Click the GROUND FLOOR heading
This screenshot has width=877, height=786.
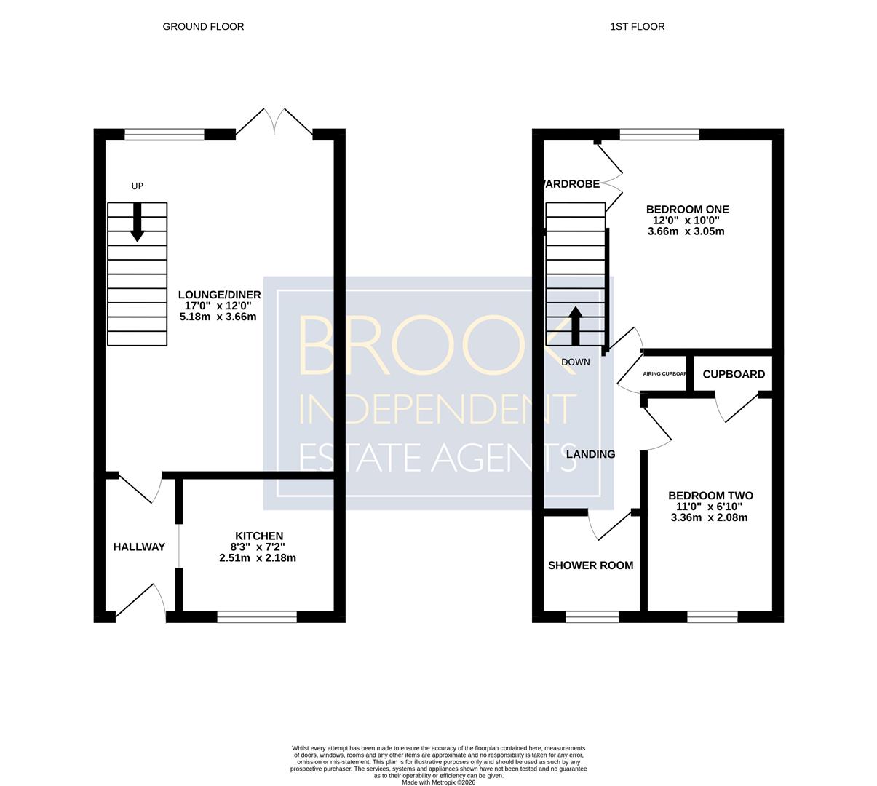pyautogui.click(x=203, y=27)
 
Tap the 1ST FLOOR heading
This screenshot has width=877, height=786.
pyautogui.click(x=637, y=27)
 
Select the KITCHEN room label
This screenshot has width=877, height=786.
pyautogui.click(x=259, y=536)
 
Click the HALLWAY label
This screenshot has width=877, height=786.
pyautogui.click(x=139, y=547)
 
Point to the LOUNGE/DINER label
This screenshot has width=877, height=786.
pyautogui.click(x=220, y=295)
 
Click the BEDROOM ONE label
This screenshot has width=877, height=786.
pyautogui.click(x=687, y=210)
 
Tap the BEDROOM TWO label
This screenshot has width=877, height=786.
pyautogui.click(x=710, y=496)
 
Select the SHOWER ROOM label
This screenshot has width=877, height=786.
pyautogui.click(x=590, y=565)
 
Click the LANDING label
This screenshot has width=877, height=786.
pyautogui.click(x=590, y=454)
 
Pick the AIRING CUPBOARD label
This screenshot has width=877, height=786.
pyautogui.click(x=665, y=373)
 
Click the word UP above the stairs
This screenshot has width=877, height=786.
pyautogui.click(x=138, y=186)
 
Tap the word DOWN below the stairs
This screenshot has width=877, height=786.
pyautogui.click(x=575, y=362)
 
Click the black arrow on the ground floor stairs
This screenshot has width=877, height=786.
pyautogui.click(x=138, y=222)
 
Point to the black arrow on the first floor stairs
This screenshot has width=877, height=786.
pyautogui.click(x=575, y=326)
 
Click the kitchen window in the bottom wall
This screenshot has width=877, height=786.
pyautogui.click(x=257, y=616)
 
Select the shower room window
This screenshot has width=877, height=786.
pyautogui.click(x=592, y=616)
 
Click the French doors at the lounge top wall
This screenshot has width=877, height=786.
pyautogui.click(x=274, y=122)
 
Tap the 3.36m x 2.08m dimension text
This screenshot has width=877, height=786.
pyautogui.click(x=709, y=517)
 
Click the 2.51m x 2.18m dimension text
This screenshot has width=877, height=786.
pyautogui.click(x=258, y=558)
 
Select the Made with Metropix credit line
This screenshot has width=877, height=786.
pyautogui.click(x=438, y=782)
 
